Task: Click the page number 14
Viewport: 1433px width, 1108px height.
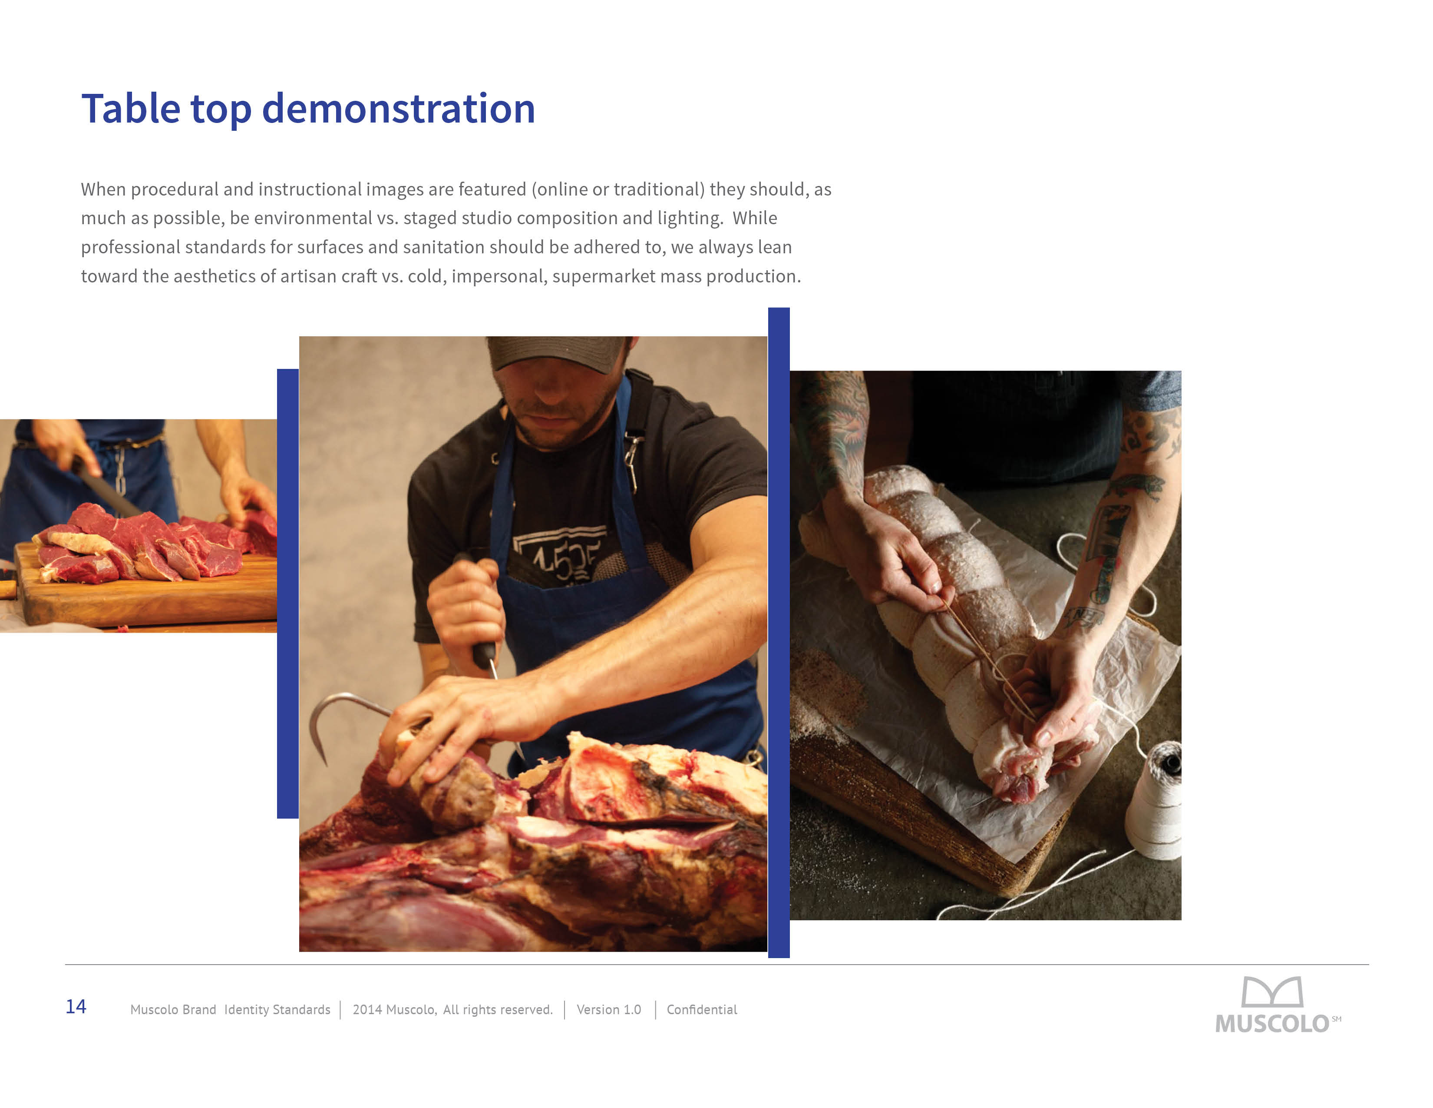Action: pyautogui.click(x=76, y=1006)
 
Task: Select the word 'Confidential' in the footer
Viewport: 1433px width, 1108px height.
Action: pyautogui.click(x=701, y=1009)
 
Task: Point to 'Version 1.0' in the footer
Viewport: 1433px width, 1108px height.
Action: pyautogui.click(x=609, y=1009)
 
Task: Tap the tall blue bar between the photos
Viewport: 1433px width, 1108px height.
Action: pyautogui.click(x=779, y=633)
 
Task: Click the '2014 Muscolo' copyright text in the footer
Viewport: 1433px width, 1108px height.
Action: pyautogui.click(x=394, y=1009)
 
